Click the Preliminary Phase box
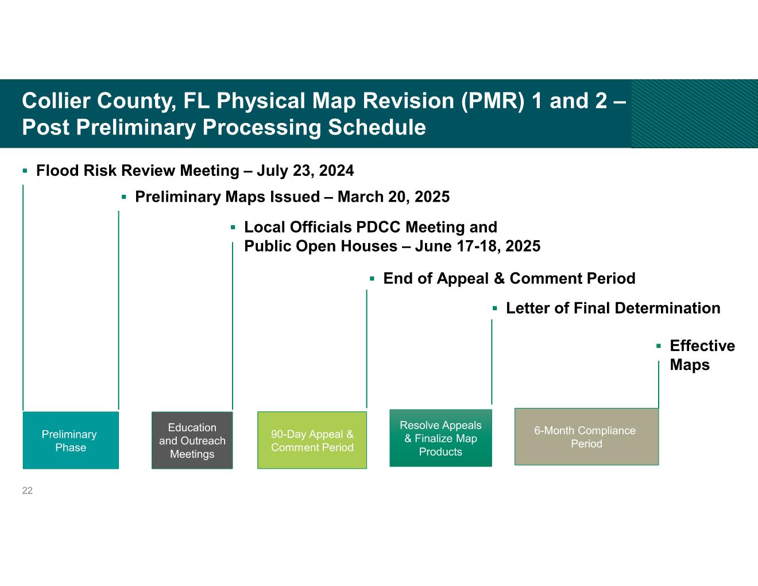(71, 440)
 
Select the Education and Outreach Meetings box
(192, 440)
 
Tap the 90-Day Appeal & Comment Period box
(312, 440)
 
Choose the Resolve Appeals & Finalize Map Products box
(440, 438)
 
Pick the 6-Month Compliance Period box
(586, 437)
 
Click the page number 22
(27, 491)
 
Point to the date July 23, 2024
(305, 171)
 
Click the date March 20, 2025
(393, 197)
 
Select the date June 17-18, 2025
(478, 246)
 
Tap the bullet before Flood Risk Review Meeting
(25, 171)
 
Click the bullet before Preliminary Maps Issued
(124, 197)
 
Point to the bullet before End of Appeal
(372, 279)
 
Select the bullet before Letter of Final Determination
(494, 309)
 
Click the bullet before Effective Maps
(659, 346)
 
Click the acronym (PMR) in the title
(493, 101)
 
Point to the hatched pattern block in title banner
(694, 114)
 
